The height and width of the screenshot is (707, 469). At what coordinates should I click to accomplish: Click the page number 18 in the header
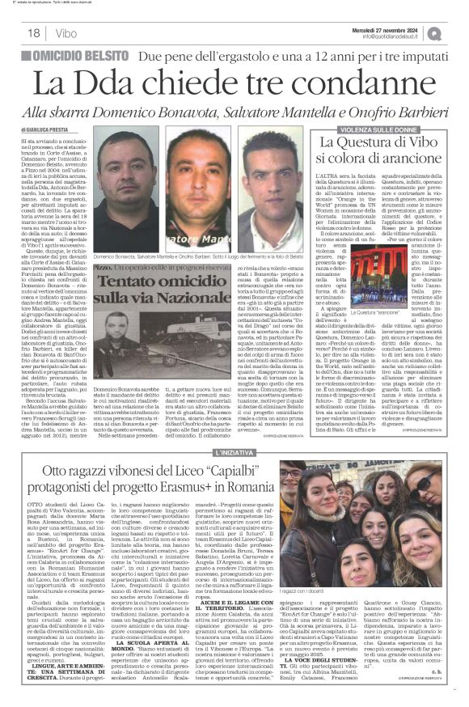[34, 33]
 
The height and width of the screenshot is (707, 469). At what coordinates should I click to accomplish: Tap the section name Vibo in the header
[67, 33]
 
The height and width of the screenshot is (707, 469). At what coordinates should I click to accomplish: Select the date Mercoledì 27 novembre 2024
[392, 28]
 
